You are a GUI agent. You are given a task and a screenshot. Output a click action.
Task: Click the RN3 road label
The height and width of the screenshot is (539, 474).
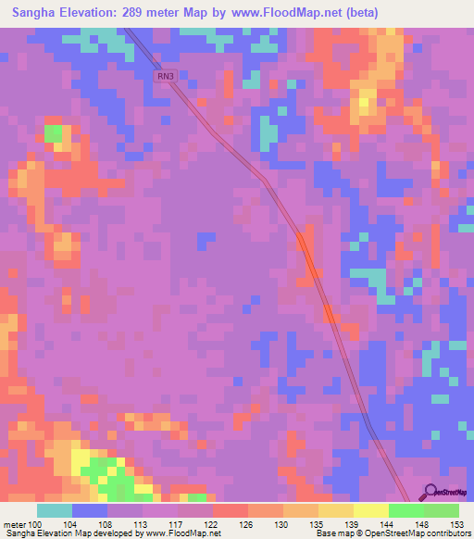pos(166,78)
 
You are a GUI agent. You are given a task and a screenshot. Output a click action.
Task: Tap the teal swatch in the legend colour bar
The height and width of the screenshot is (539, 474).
pos(55,510)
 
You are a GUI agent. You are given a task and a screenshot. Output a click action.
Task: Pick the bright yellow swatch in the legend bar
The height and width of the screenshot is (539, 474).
pos(370,510)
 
